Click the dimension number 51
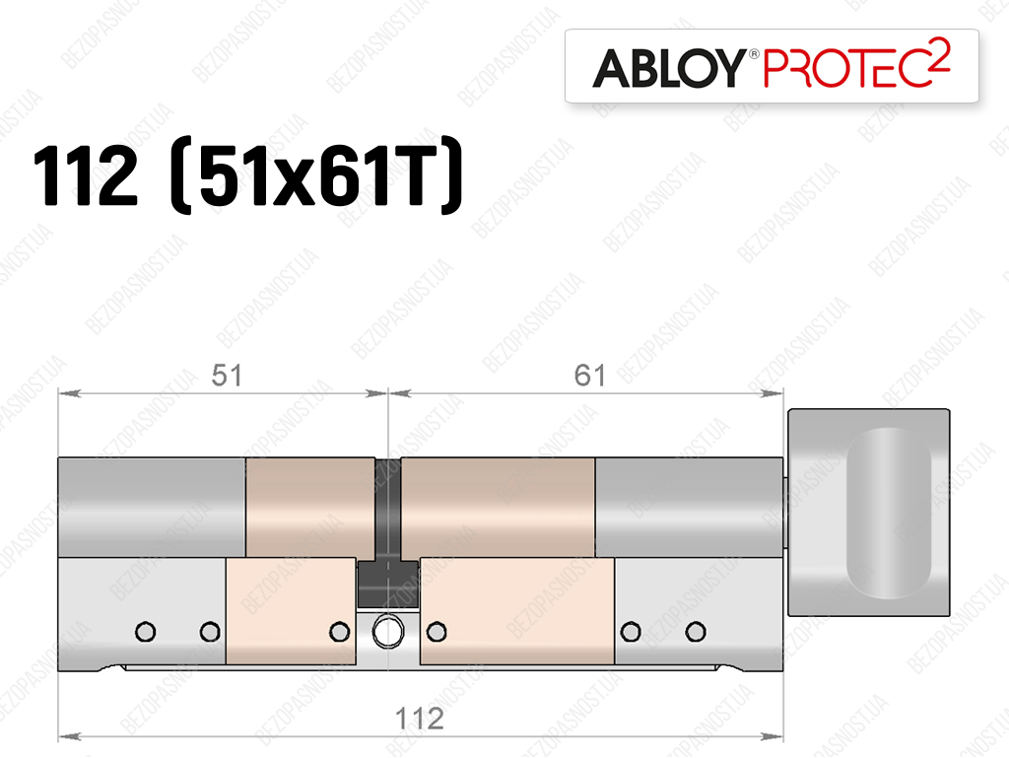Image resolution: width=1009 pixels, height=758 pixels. [x=227, y=376]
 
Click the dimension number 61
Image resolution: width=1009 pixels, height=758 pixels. [x=589, y=376]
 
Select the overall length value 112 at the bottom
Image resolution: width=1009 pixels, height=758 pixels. [x=420, y=719]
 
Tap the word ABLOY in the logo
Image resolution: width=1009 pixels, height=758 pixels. [x=669, y=68]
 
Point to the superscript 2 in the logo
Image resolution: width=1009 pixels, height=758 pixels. [x=940, y=54]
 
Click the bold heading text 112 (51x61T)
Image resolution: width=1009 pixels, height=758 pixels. [x=247, y=175]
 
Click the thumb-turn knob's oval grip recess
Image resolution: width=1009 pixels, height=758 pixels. [x=889, y=513]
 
